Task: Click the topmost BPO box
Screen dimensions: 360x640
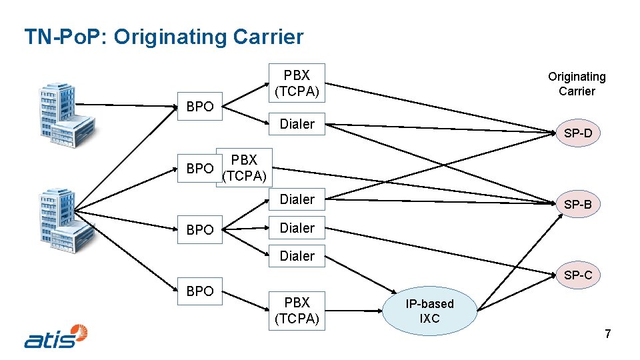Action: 200,107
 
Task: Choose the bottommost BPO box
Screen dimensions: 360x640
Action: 200,291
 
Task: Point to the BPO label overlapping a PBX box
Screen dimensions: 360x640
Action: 200,169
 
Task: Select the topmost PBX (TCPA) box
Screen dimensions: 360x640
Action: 297,83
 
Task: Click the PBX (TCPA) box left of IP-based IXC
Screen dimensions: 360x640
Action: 297,311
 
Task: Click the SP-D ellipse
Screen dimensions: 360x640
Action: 578,133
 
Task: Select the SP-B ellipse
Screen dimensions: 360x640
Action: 578,205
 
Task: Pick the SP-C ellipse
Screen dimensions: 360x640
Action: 578,275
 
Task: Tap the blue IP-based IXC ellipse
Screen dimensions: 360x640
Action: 430,311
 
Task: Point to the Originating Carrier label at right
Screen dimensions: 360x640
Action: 577,84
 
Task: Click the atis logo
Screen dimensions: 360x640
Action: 56,337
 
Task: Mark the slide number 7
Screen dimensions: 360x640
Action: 607,334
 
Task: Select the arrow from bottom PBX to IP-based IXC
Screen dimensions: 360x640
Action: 357,311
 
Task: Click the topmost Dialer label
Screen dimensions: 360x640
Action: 297,123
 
